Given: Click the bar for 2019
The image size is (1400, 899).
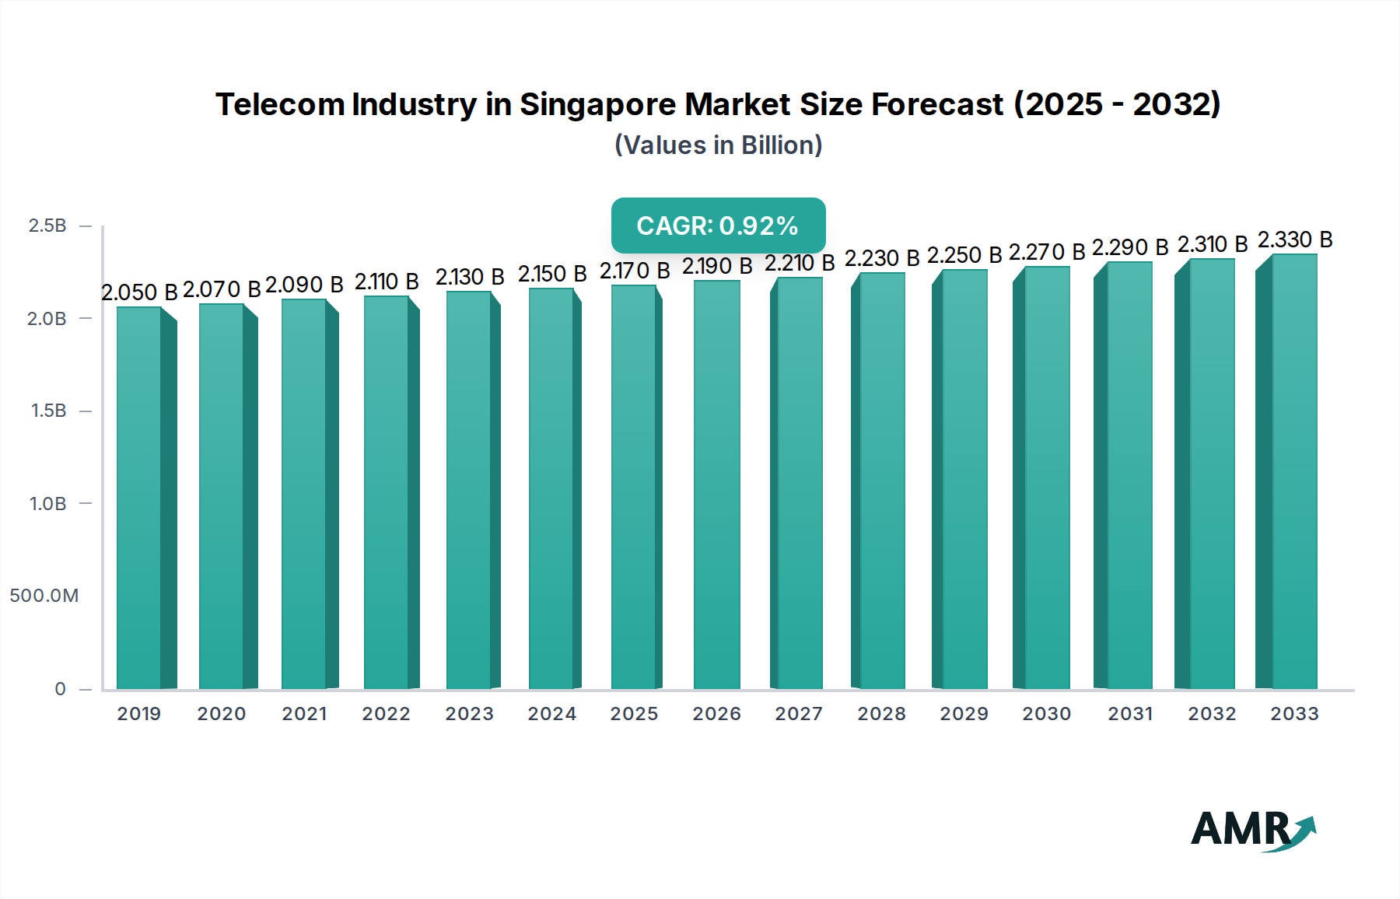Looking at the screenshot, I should pos(140,498).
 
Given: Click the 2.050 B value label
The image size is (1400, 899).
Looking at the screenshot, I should pos(139,292).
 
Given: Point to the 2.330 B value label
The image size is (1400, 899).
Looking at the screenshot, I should pos(1295,240).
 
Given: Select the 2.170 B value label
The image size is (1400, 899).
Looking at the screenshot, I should pos(635,271).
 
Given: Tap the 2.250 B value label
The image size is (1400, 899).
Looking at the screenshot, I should pos(964,255).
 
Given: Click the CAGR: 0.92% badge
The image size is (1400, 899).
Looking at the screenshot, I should pos(718,226).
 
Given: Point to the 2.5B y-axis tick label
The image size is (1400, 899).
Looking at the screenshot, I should pos(47,226).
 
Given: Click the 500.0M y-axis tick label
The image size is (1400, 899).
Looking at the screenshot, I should pos(44,596).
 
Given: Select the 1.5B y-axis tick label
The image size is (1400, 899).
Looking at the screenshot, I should pos(48,411).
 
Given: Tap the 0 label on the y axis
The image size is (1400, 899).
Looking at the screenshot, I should pos(60,689).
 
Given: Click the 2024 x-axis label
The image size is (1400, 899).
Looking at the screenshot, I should pos(551,714).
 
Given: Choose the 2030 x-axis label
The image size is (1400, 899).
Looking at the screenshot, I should pos(1046,714).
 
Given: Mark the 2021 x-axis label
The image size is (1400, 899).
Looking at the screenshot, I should pos(304,714).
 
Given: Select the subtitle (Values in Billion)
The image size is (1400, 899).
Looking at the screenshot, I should pos(718,145).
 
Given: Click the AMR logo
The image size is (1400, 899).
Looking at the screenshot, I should pos(1252,830).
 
